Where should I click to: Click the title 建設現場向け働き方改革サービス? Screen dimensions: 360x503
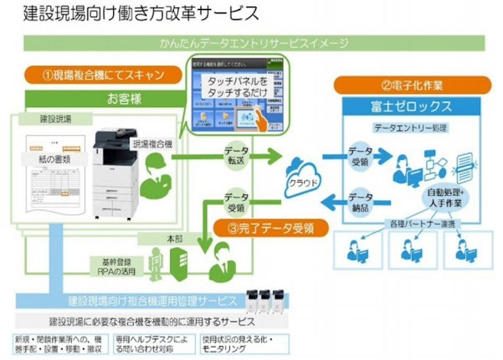point(141,13)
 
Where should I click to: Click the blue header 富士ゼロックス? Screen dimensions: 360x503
point(412,106)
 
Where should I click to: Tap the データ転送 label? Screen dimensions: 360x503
point(236,155)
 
